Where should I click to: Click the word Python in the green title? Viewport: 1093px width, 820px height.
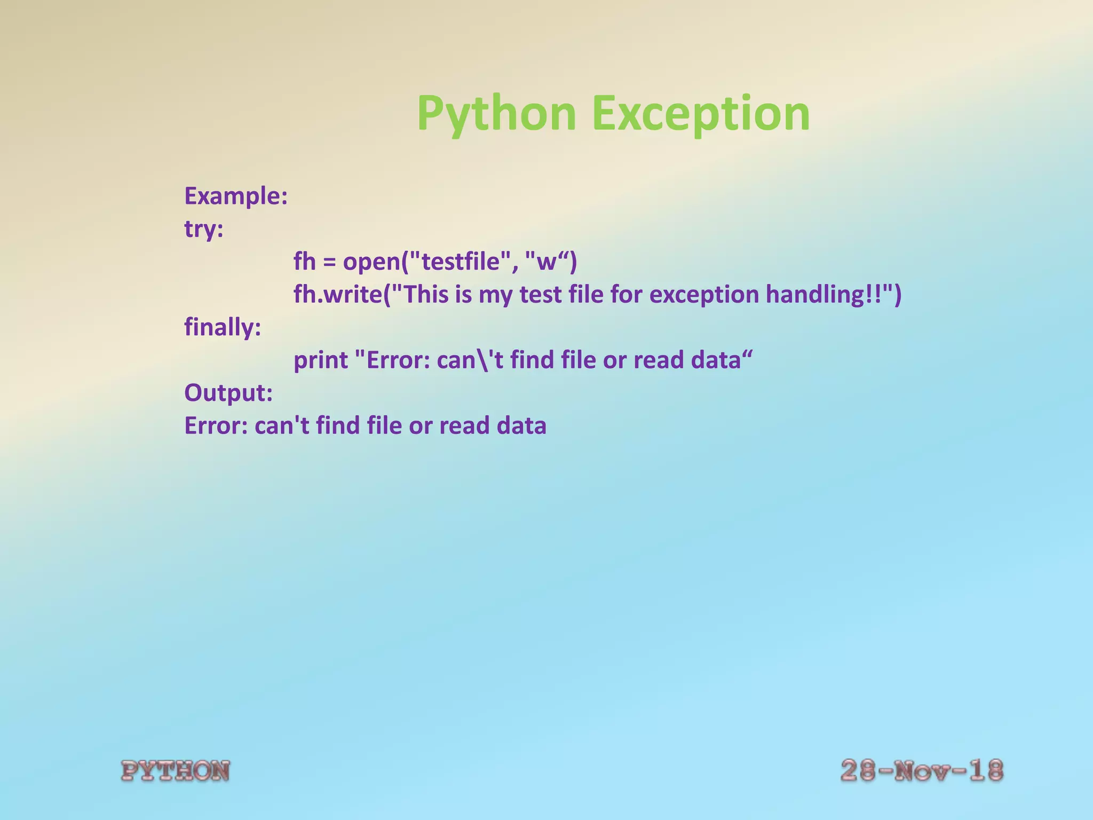(496, 114)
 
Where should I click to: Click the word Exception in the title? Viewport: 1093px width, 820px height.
(701, 114)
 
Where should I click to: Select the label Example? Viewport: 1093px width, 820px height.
(236, 196)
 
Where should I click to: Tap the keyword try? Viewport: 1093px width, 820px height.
(204, 229)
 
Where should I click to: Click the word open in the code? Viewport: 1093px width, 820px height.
(371, 262)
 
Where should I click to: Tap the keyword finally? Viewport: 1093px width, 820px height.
(223, 327)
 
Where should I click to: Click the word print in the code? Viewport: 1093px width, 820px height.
(321, 360)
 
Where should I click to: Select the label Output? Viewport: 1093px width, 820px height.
(228, 393)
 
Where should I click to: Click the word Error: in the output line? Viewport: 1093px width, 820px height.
(216, 426)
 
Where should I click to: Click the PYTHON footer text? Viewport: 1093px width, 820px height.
(176, 771)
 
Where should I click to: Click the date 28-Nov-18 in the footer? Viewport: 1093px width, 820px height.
(922, 770)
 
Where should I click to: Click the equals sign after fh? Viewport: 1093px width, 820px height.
(329, 263)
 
